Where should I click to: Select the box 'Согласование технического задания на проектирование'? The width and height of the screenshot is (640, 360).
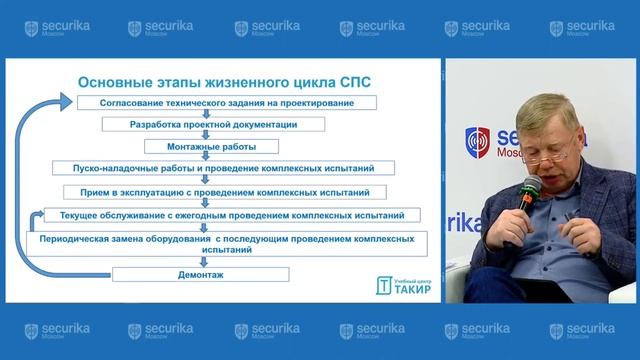coord(224,103)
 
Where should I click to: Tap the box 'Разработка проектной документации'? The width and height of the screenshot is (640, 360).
coord(214,125)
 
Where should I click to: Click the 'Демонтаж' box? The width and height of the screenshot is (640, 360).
coord(200,273)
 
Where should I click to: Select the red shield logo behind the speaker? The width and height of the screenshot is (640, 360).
coord(479,141)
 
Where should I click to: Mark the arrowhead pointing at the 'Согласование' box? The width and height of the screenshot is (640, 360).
coord(68,102)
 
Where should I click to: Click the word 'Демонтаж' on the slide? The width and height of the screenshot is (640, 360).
coord(200,273)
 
